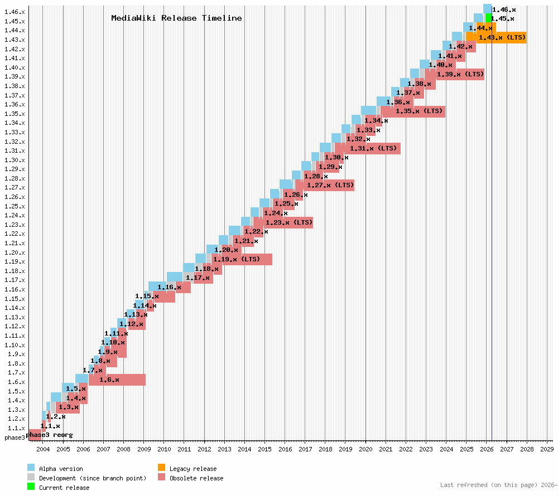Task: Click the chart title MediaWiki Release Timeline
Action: pos(176,18)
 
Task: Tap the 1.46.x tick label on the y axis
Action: pos(14,11)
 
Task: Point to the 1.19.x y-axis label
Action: pos(14,261)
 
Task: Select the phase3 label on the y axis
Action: pos(15,437)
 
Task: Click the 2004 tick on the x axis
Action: pos(43,449)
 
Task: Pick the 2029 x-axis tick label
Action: pos(546,449)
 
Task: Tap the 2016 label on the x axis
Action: pos(285,449)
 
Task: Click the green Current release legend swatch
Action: pos(31,487)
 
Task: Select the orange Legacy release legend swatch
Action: pos(161,468)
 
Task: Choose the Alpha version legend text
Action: pos(61,469)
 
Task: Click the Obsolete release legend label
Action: pos(196,478)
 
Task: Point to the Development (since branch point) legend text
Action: pos(93,478)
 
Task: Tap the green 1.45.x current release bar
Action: pos(488,18)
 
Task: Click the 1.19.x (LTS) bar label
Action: pos(237,259)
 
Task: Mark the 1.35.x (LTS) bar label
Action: pos(419,111)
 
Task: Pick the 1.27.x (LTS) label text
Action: pos(330,185)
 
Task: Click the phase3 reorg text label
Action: pos(50,435)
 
